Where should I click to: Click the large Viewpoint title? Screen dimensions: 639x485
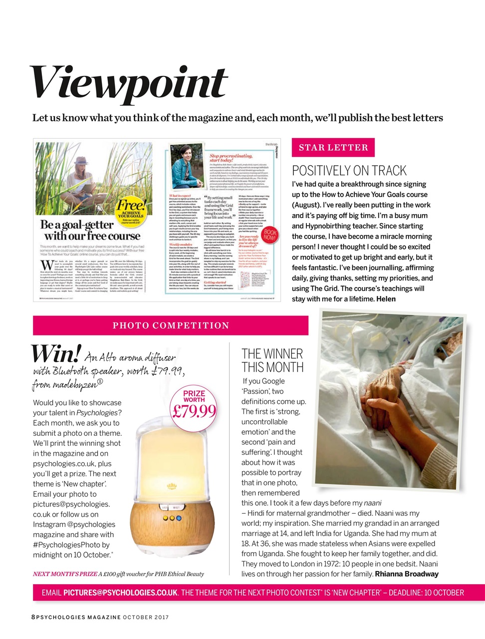129,83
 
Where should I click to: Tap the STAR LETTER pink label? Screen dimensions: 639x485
333,147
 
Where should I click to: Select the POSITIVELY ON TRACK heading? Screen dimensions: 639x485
349,171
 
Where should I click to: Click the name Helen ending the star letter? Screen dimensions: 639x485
386,299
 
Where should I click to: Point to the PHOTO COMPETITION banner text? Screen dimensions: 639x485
171,325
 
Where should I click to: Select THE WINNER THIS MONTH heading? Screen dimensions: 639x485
272,360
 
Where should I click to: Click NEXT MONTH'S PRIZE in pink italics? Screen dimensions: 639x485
65,574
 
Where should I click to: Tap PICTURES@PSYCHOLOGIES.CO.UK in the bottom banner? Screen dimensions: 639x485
120,593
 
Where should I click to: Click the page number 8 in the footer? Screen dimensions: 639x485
33,617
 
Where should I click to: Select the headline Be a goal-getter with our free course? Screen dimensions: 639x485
91,231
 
